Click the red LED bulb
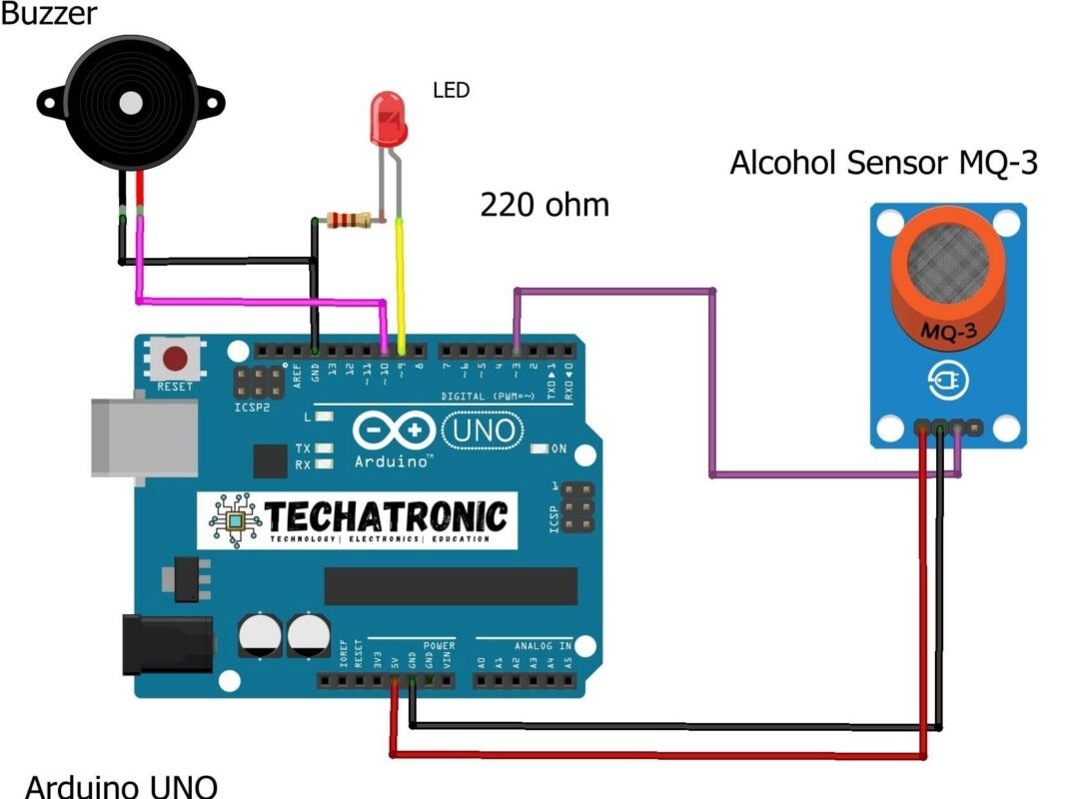click(x=387, y=117)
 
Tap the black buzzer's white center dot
click(x=130, y=102)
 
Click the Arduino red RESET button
click(x=177, y=358)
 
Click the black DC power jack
click(x=166, y=643)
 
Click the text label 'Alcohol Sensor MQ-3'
click(x=883, y=163)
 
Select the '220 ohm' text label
click(x=544, y=205)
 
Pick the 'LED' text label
click(x=451, y=90)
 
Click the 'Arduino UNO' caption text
click(x=120, y=785)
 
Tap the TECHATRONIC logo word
click(x=385, y=516)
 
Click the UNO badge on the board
click(x=484, y=430)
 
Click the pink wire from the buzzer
click(x=260, y=300)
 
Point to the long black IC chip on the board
click(x=451, y=586)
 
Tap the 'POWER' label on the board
click(x=438, y=646)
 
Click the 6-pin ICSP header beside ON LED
click(x=572, y=508)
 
